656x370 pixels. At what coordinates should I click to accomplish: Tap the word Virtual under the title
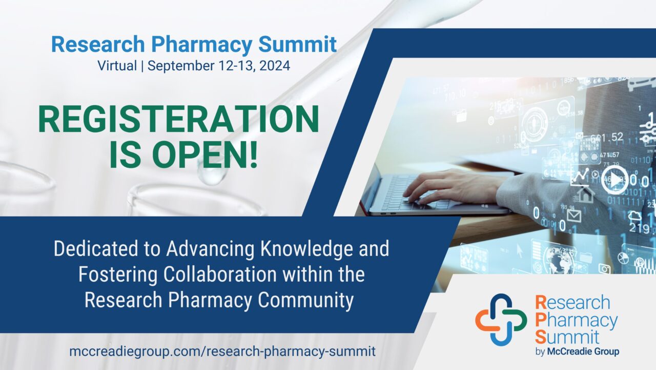coord(117,66)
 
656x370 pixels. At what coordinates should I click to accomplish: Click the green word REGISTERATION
coord(178,120)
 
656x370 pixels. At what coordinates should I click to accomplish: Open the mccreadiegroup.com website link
coord(222,352)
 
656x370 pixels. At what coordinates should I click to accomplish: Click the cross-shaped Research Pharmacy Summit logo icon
coord(501,319)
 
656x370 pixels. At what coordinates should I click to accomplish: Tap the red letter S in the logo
coord(540,337)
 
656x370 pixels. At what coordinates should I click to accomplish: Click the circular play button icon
coord(613,180)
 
